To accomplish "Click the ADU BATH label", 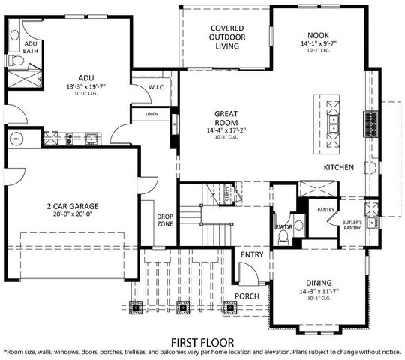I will coord(31,47).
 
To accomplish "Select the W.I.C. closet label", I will coord(157,87).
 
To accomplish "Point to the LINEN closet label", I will coord(151,114).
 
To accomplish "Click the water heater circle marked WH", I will coord(16,139).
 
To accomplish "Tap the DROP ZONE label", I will coord(165,221).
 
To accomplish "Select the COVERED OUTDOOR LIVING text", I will coord(226,37).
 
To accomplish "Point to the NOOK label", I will coord(318,34).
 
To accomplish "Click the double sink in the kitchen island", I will coord(331,120).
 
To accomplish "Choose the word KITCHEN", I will coord(339,168).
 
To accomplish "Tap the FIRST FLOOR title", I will coord(202,340).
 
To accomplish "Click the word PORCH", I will coord(247,295).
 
